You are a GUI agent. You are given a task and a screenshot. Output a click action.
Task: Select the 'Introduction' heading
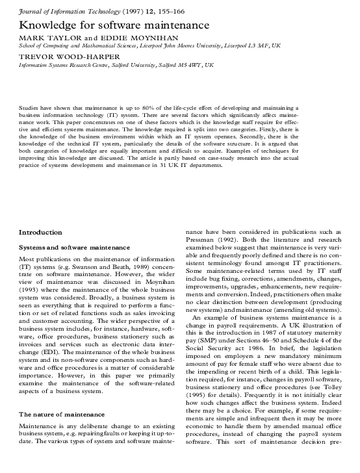pos(40,232)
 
